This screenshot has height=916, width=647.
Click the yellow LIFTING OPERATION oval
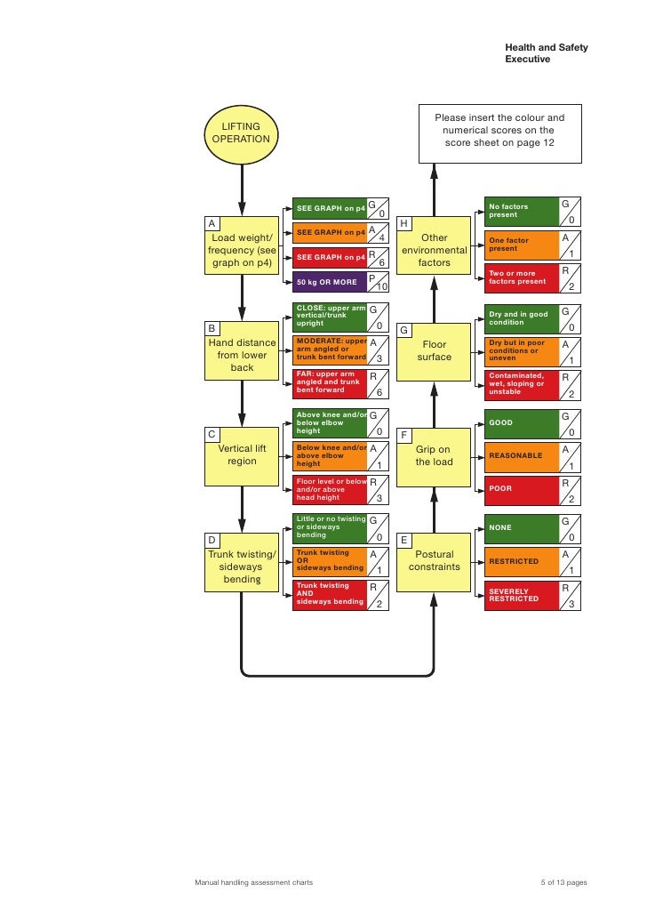pyautogui.click(x=241, y=133)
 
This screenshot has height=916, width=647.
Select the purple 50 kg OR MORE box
pyautogui.click(x=330, y=282)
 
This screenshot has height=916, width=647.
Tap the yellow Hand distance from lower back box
pyautogui.click(x=242, y=355)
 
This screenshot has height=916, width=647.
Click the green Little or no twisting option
pyautogui.click(x=330, y=527)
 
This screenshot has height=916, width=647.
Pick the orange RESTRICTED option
pyautogui.click(x=520, y=562)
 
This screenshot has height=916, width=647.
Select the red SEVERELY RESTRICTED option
pyautogui.click(x=520, y=595)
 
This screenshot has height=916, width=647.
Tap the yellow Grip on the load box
pyautogui.click(x=434, y=455)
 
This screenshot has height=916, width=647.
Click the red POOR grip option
pyautogui.click(x=520, y=488)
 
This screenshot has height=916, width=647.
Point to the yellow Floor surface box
pyautogui.click(x=434, y=350)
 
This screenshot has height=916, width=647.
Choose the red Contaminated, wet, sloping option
pyautogui.click(x=520, y=384)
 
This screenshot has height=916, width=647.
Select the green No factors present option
pyautogui.click(x=520, y=211)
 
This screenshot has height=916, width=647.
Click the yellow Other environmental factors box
pyautogui.click(x=434, y=251)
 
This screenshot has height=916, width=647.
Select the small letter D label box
pyautogui.click(x=212, y=540)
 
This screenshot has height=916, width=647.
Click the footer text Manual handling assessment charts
pyautogui.click(x=253, y=883)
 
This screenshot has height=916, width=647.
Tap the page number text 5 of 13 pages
pyautogui.click(x=563, y=883)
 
